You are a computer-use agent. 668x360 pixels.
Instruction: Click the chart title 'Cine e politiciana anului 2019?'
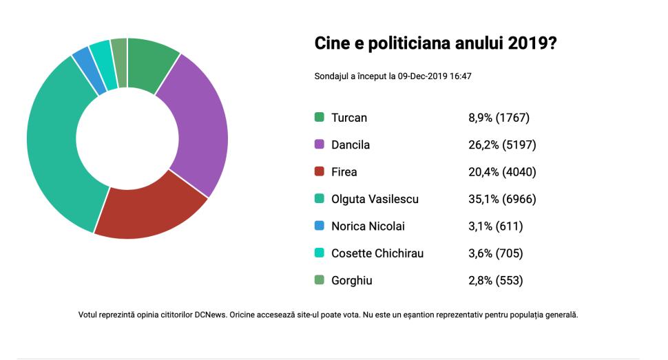click(x=436, y=43)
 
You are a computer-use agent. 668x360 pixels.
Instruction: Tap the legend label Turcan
click(x=349, y=118)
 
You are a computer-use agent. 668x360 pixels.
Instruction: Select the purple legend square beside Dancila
click(x=319, y=145)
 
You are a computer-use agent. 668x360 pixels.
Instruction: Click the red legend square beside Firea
click(x=319, y=172)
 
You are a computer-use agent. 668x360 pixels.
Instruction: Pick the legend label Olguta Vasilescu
click(x=375, y=199)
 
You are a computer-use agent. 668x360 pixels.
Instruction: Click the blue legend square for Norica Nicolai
click(x=319, y=226)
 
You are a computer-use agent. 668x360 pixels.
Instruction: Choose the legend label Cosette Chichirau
click(x=377, y=253)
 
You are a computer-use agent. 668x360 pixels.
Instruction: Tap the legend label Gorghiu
click(x=351, y=281)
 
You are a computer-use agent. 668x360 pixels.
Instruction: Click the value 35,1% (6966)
click(x=502, y=199)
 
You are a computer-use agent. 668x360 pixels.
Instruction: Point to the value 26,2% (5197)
click(x=502, y=145)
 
